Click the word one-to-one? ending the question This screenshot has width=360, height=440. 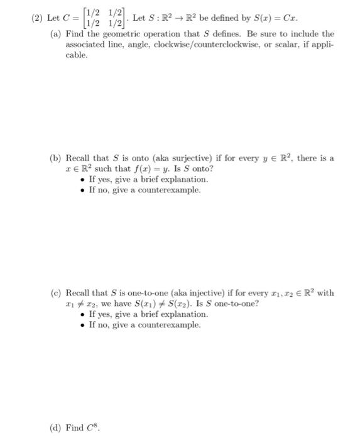[233, 304]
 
